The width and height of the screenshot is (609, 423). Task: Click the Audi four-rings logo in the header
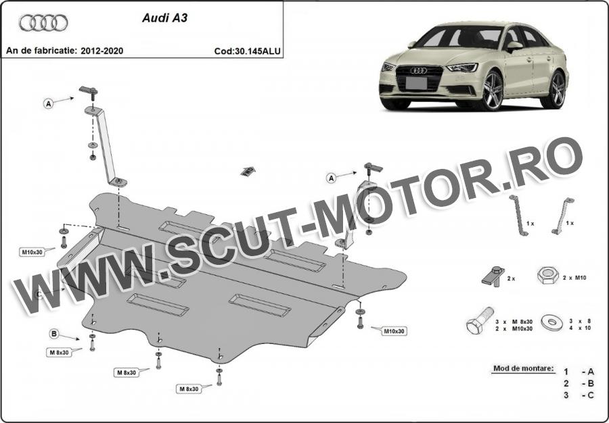click(x=43, y=23)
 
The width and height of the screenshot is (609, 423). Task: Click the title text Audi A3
click(x=164, y=18)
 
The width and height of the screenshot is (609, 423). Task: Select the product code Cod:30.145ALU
click(x=248, y=51)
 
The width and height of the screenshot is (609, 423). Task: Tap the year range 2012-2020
click(x=102, y=51)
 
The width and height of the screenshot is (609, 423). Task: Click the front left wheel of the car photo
click(x=493, y=91)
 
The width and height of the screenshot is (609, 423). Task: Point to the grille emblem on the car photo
click(x=419, y=70)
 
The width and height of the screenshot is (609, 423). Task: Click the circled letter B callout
click(x=54, y=333)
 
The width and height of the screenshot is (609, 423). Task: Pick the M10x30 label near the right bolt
click(x=394, y=332)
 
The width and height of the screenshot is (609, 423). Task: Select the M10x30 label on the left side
click(x=32, y=252)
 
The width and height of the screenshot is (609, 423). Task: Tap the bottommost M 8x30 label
click(x=189, y=389)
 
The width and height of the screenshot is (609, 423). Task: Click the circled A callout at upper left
click(x=48, y=103)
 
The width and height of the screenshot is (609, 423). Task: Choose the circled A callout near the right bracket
click(x=331, y=178)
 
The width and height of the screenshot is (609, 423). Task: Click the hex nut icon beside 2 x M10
click(x=548, y=275)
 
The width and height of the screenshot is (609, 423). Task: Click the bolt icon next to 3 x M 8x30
click(x=480, y=321)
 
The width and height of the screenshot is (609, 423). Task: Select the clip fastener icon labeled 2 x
click(x=493, y=276)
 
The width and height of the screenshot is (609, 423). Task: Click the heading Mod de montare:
click(x=524, y=368)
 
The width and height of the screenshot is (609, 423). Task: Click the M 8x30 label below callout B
click(x=60, y=353)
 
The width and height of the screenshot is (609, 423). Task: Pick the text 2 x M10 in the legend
click(x=574, y=278)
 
